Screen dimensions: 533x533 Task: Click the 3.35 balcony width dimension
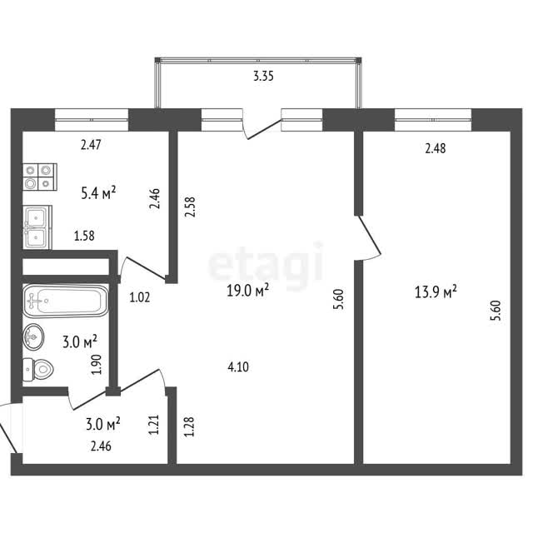click(263, 76)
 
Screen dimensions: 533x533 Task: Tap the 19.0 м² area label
click(248, 291)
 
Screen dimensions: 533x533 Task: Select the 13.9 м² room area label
click(436, 291)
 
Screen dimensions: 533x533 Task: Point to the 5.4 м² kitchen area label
click(98, 192)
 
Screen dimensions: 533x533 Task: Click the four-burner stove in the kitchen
click(40, 177)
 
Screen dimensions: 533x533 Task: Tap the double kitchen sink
click(37, 227)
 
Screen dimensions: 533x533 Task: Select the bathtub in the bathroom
click(66, 301)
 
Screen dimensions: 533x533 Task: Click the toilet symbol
click(38, 369)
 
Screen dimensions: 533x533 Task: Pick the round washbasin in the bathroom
click(33, 336)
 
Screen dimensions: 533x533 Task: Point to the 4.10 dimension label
click(238, 366)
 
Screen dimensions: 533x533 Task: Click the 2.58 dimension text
click(190, 207)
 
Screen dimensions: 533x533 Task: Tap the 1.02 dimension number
click(140, 297)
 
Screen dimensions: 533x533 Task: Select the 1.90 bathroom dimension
click(97, 365)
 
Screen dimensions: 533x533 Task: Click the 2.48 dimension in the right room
click(436, 148)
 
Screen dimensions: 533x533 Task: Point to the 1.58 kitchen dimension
click(85, 236)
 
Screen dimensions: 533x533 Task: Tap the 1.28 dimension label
click(189, 426)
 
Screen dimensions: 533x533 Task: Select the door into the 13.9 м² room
click(368, 237)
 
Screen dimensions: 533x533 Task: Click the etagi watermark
click(266, 261)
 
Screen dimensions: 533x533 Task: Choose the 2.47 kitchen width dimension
click(91, 145)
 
